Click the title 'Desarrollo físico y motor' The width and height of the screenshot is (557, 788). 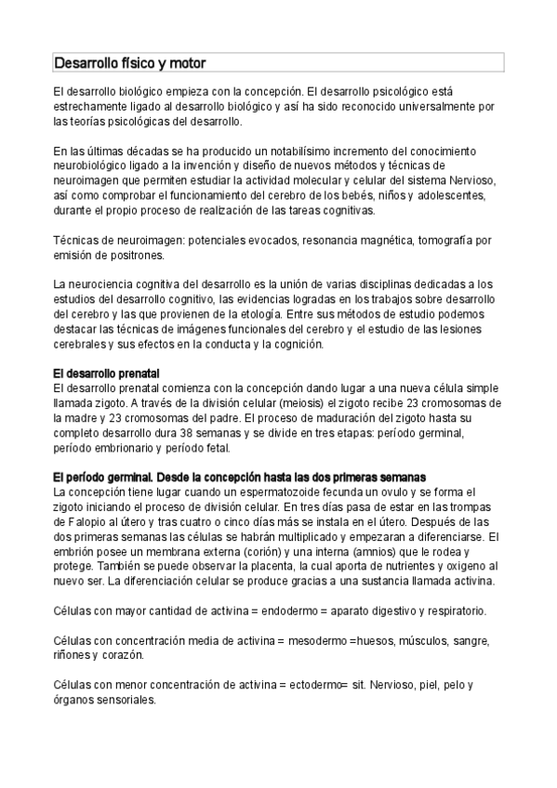click(x=129, y=63)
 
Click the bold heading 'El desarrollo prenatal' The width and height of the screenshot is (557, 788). click(x=107, y=373)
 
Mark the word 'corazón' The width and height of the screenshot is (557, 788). click(x=124, y=655)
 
